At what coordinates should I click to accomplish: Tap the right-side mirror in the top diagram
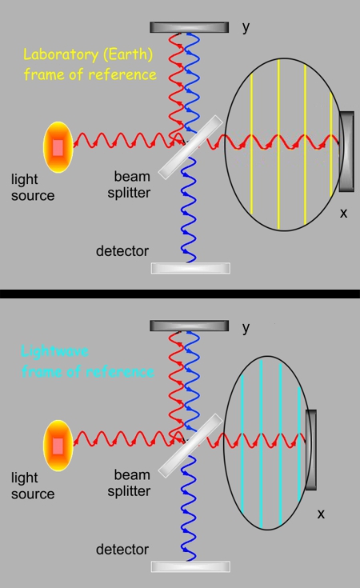(x=346, y=151)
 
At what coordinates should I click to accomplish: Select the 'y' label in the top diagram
(x=246, y=27)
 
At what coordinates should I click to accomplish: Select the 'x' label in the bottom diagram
(x=320, y=514)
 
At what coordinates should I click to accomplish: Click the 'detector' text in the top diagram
(x=122, y=251)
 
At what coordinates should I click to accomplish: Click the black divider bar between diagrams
(x=180, y=294)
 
